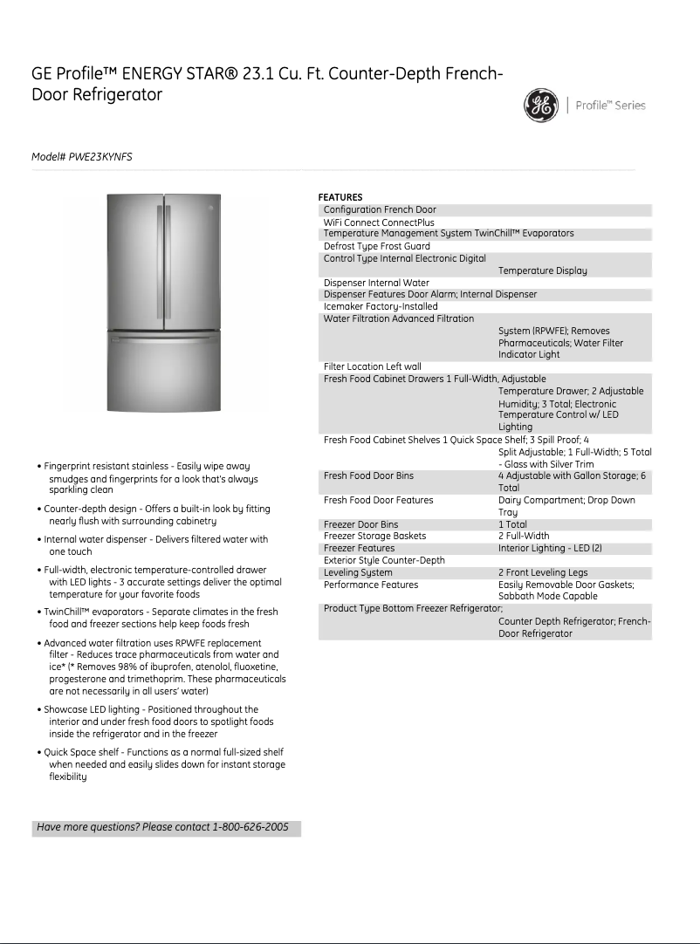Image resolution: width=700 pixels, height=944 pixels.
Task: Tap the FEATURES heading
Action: pyautogui.click(x=340, y=197)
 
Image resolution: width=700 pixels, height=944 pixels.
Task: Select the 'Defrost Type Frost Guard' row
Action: pyautogui.click(x=376, y=246)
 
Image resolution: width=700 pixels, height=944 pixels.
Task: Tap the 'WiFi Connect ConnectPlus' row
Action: pyautogui.click(x=378, y=222)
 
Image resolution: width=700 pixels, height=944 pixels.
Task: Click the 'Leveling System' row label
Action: pyautogui.click(x=358, y=572)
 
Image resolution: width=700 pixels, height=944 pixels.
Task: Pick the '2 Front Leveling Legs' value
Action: pyautogui.click(x=543, y=572)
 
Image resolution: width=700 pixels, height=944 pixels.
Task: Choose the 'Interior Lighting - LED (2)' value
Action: pyautogui.click(x=550, y=548)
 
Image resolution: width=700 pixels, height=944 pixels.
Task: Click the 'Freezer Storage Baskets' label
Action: pyautogui.click(x=374, y=536)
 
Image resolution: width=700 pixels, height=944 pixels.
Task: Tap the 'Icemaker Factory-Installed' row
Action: pyautogui.click(x=380, y=306)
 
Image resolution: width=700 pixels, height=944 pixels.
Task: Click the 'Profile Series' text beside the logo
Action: pyautogui.click(x=611, y=106)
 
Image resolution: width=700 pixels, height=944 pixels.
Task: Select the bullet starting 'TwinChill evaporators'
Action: pyautogui.click(x=161, y=618)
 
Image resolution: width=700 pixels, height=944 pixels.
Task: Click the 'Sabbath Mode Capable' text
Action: pyautogui.click(x=547, y=596)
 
